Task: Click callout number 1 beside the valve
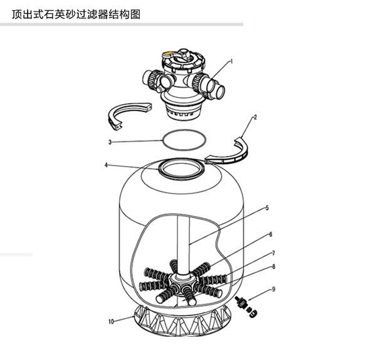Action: pyautogui.click(x=232, y=61)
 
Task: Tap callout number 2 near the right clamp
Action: pyautogui.click(x=255, y=117)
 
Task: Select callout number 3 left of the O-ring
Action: pyautogui.click(x=110, y=142)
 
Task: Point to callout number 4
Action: pyautogui.click(x=107, y=165)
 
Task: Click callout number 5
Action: pyautogui.click(x=267, y=208)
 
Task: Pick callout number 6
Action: pyautogui.click(x=271, y=234)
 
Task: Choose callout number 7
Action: pyautogui.click(x=273, y=253)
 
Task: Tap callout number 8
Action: pyautogui.click(x=274, y=266)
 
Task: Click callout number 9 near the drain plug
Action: pyautogui.click(x=274, y=289)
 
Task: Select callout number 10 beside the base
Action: pyautogui.click(x=111, y=321)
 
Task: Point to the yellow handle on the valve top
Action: pyautogui.click(x=169, y=54)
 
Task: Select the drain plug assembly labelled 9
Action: pyautogui.click(x=246, y=306)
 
